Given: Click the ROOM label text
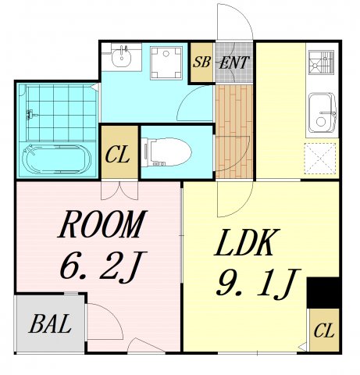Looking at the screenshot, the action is point(102,224).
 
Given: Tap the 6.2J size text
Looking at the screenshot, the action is point(103,266).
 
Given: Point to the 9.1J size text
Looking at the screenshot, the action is point(258,284).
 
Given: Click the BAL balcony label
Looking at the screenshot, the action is point(50,323).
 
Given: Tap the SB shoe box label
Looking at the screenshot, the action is point(201,62).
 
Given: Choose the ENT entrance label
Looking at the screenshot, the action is point(234,62).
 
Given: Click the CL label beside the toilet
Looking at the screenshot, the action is point(117,155).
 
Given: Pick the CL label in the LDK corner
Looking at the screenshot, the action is point(324,330).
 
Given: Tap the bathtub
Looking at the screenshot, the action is point(56,159).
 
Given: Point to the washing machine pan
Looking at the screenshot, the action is point(166,62).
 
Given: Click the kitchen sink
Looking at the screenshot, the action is point(323,113).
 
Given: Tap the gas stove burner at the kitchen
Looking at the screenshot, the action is point(321,62).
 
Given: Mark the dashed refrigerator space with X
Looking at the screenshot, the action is point(320,159).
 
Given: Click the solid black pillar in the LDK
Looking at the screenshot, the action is point(323,293).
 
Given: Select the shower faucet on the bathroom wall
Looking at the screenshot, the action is point(30,115).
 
